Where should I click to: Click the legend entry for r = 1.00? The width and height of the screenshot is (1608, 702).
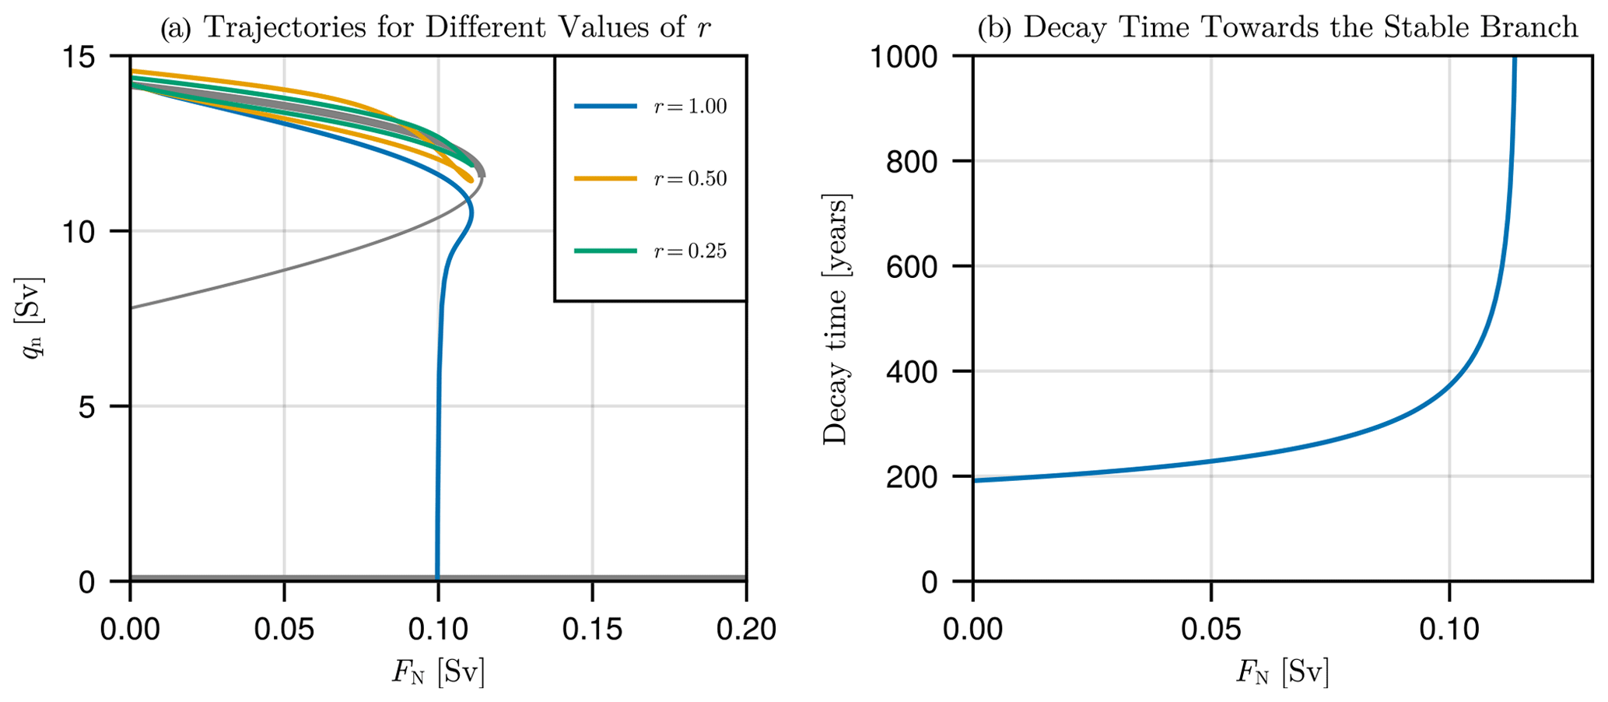pos(650,107)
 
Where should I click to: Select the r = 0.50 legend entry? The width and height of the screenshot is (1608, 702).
pos(650,179)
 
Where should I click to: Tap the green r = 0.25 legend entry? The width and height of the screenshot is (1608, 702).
pos(650,251)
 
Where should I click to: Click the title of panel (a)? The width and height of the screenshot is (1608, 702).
pos(436,28)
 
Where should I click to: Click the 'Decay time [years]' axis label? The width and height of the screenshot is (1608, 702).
pos(836,319)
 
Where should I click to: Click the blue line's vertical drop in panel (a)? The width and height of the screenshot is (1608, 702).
pos(438,467)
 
